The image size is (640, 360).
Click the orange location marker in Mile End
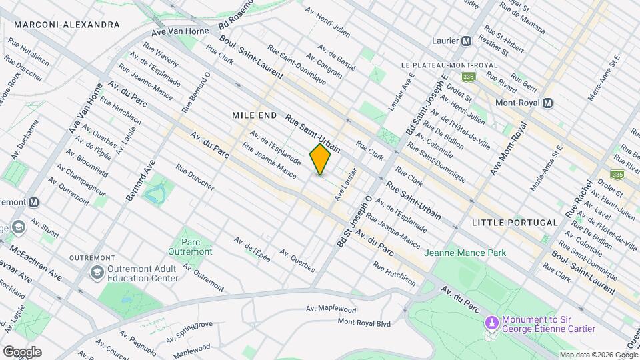click(320, 159)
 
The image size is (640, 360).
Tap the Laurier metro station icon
click(467, 41)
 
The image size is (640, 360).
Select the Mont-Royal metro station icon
click(547, 103)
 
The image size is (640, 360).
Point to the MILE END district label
click(254, 115)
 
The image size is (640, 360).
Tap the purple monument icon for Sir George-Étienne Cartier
click(493, 323)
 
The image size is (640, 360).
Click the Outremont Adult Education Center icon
click(97, 273)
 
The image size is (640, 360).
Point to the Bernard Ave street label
click(140, 181)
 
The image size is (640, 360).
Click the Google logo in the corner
click(21, 351)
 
